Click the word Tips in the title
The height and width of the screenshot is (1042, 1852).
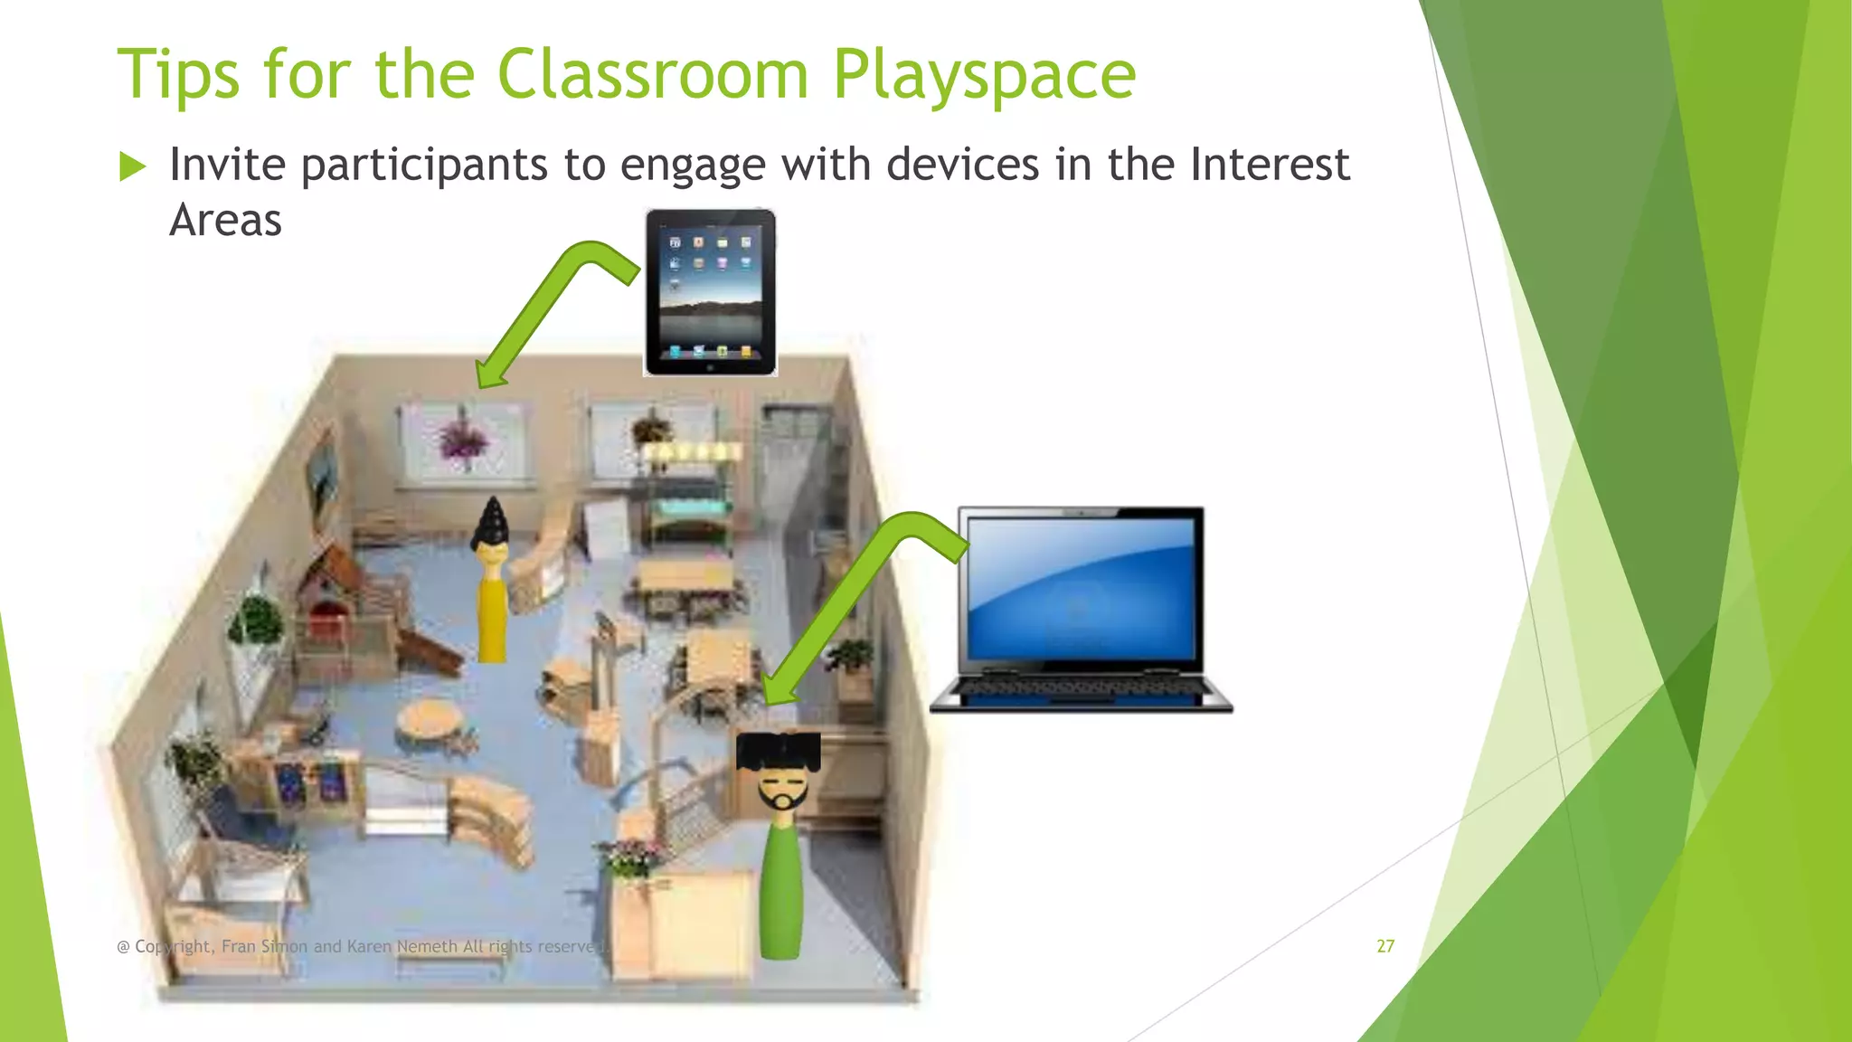179,74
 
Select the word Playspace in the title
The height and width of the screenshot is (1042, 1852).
984,76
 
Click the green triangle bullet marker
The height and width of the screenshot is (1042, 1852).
132,166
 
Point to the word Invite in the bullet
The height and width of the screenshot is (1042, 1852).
228,165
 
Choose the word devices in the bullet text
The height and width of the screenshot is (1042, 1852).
962,165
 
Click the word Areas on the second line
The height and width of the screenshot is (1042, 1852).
226,221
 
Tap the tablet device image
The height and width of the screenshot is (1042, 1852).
710,291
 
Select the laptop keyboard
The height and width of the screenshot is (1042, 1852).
1082,689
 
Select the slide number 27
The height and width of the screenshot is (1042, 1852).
1385,946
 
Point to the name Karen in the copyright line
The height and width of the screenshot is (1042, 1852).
369,946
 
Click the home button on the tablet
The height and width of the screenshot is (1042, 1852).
710,367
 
